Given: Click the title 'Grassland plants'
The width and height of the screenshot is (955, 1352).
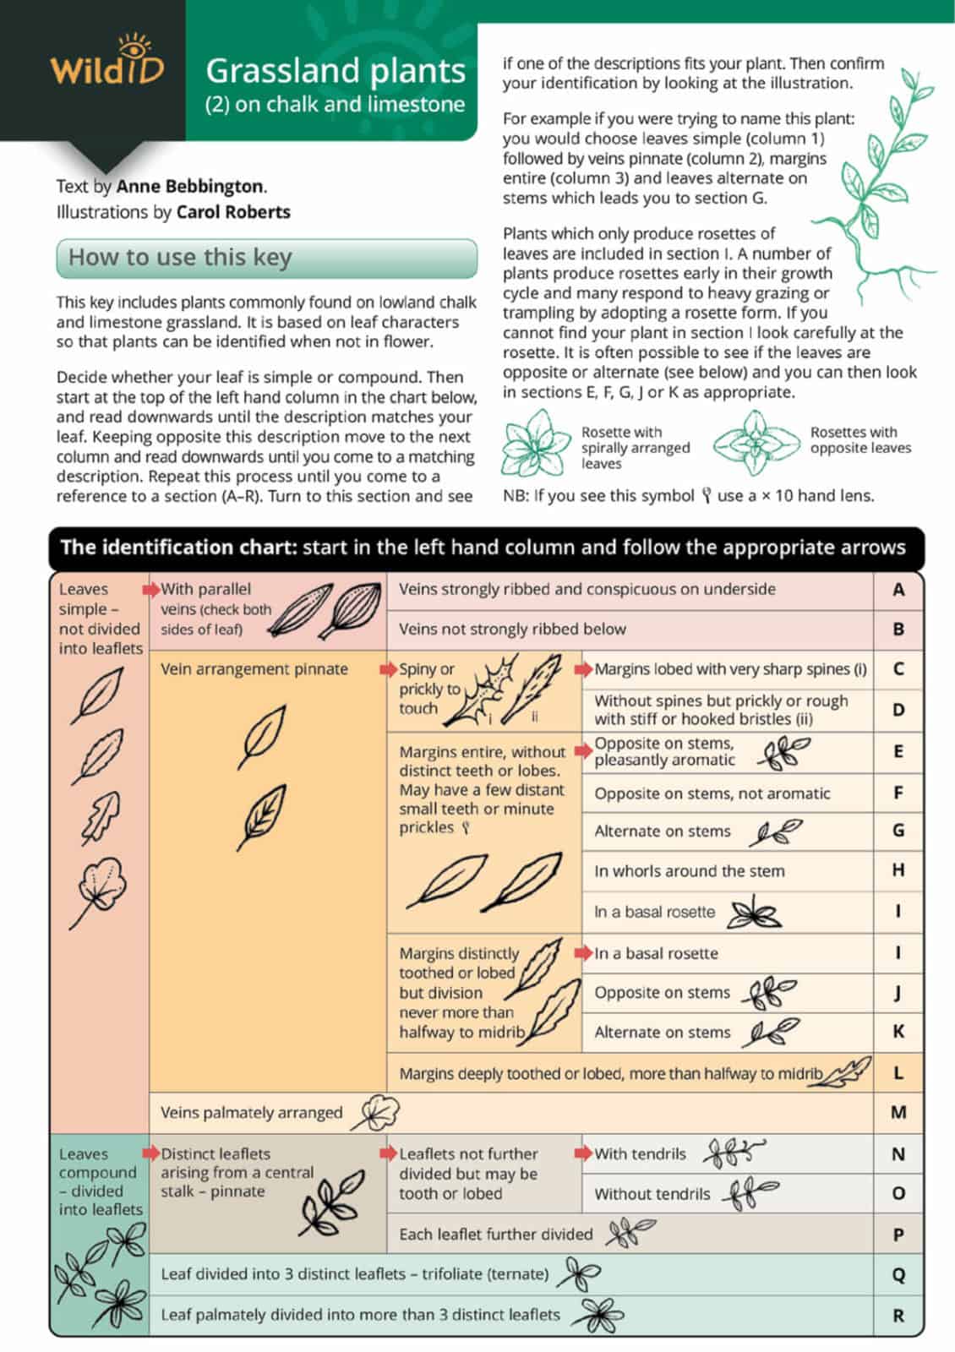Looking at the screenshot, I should pyautogui.click(x=336, y=70).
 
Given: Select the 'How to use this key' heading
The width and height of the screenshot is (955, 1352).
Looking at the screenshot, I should pyautogui.click(x=180, y=257).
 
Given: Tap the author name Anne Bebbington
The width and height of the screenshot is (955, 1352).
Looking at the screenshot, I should pyautogui.click(x=190, y=186).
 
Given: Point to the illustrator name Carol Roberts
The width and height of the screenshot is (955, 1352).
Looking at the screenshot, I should pyautogui.click(x=233, y=211).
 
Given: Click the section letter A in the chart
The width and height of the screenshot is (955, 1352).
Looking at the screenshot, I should pyautogui.click(x=898, y=589).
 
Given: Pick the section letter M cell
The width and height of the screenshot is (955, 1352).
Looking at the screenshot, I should pyautogui.click(x=898, y=1113).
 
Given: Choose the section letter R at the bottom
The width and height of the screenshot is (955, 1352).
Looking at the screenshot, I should pyautogui.click(x=898, y=1315).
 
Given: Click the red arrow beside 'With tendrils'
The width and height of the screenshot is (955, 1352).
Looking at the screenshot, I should pyautogui.click(x=583, y=1153).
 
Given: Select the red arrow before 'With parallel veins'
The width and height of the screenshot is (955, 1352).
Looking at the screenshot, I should pyautogui.click(x=151, y=589).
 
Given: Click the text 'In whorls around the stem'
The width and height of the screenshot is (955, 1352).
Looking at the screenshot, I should pyautogui.click(x=689, y=871).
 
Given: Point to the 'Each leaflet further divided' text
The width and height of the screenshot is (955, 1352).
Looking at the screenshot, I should pyautogui.click(x=495, y=1234).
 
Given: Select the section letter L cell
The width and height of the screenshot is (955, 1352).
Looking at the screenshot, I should pyautogui.click(x=898, y=1073).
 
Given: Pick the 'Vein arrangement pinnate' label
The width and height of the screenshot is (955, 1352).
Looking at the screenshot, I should pyautogui.click(x=254, y=668).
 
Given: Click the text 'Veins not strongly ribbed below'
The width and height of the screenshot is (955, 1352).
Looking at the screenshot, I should pyautogui.click(x=512, y=629).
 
